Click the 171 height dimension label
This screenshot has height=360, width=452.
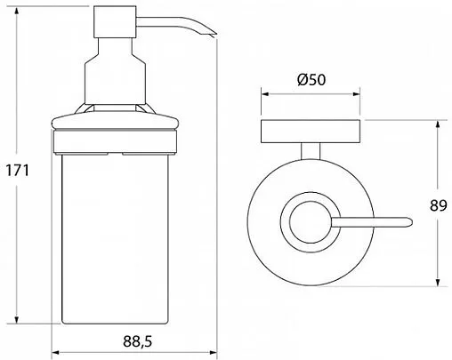pyautogui.click(x=18, y=171)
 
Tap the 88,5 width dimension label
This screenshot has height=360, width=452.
pyautogui.click(x=138, y=341)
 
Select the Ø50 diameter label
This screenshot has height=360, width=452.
pyautogui.click(x=311, y=79)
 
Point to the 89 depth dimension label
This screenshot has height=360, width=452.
pyautogui.click(x=438, y=205)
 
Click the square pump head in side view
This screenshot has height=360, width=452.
pyautogui.click(x=115, y=22)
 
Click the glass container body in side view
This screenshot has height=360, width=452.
pyautogui.click(x=115, y=238)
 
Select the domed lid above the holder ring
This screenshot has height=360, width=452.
pyautogui.click(x=115, y=121)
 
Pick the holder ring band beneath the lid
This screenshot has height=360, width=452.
pyautogui.click(x=115, y=141)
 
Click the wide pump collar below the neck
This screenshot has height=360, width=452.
pyautogui.click(x=115, y=83)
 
